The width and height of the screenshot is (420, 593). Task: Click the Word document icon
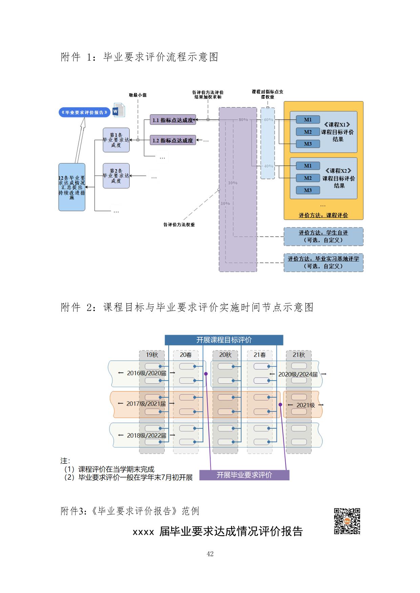pyautogui.click(x=119, y=110)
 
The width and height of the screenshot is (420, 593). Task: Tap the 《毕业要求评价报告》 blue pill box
pyautogui.click(x=84, y=112)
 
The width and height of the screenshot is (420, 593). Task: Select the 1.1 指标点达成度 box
pyautogui.click(x=173, y=120)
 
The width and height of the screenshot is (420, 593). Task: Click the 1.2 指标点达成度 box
pyautogui.click(x=173, y=140)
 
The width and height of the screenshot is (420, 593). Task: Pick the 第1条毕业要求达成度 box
pyautogui.click(x=116, y=140)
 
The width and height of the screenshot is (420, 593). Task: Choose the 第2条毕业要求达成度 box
pyautogui.click(x=116, y=176)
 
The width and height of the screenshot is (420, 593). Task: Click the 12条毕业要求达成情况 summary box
pyautogui.click(x=72, y=187)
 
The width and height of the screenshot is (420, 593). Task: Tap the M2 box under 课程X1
pyautogui.click(x=308, y=132)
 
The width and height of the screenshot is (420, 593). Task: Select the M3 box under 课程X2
pyautogui.click(x=308, y=190)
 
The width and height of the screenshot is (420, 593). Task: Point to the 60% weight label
pyautogui.click(x=268, y=120)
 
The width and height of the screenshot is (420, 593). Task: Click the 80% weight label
pyautogui.click(x=243, y=120)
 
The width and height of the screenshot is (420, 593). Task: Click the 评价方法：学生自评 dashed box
pyautogui.click(x=323, y=236)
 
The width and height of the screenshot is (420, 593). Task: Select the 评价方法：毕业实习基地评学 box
pyautogui.click(x=323, y=263)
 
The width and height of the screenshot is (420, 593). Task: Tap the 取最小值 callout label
pyautogui.click(x=138, y=95)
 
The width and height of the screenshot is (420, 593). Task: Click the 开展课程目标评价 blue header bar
pyautogui.click(x=224, y=340)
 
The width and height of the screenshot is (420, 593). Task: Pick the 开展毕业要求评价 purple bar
pyautogui.click(x=244, y=475)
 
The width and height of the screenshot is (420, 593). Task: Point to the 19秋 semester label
pyautogui.click(x=152, y=355)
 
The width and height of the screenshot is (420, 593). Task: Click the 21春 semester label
pyautogui.click(x=260, y=355)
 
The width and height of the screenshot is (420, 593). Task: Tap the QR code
pyautogui.click(x=347, y=521)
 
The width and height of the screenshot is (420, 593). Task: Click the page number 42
pyautogui.click(x=210, y=554)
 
